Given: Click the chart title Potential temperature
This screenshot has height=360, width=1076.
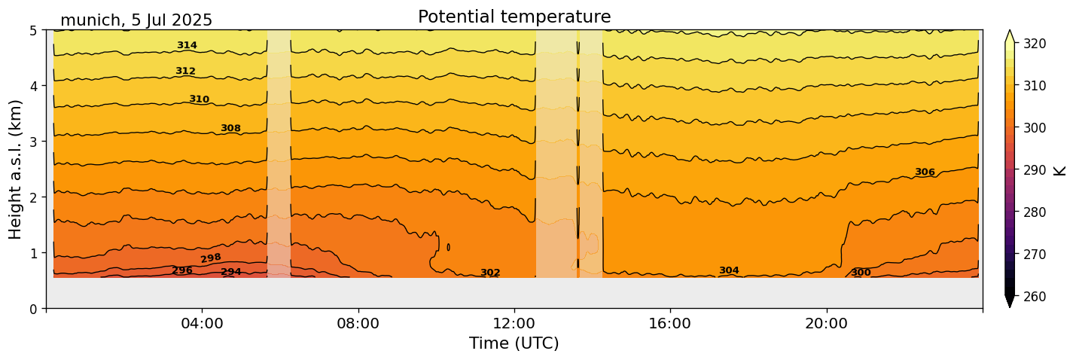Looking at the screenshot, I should pos(514,17).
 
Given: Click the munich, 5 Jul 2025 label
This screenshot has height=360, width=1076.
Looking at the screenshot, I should pos(136,20).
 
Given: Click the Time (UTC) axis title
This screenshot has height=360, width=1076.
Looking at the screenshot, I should pos(514,343).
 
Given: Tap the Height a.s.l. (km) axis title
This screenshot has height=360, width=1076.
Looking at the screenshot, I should pos(16,169).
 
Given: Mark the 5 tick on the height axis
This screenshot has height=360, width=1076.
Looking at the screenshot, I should pos(33,30).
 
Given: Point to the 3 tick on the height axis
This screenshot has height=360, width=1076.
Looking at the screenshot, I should pos(33,142).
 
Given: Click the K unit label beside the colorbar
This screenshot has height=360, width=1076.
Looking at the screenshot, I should pos(1060,170).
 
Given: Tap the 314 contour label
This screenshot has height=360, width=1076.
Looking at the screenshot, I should pos(187,45).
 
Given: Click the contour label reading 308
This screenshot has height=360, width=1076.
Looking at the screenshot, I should pos(230,128).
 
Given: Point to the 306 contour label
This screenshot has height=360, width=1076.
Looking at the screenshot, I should pos(925,172).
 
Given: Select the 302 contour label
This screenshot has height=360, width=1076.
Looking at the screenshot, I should pos(490,273).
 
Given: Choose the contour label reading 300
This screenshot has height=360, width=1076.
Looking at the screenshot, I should pos(861,273).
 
